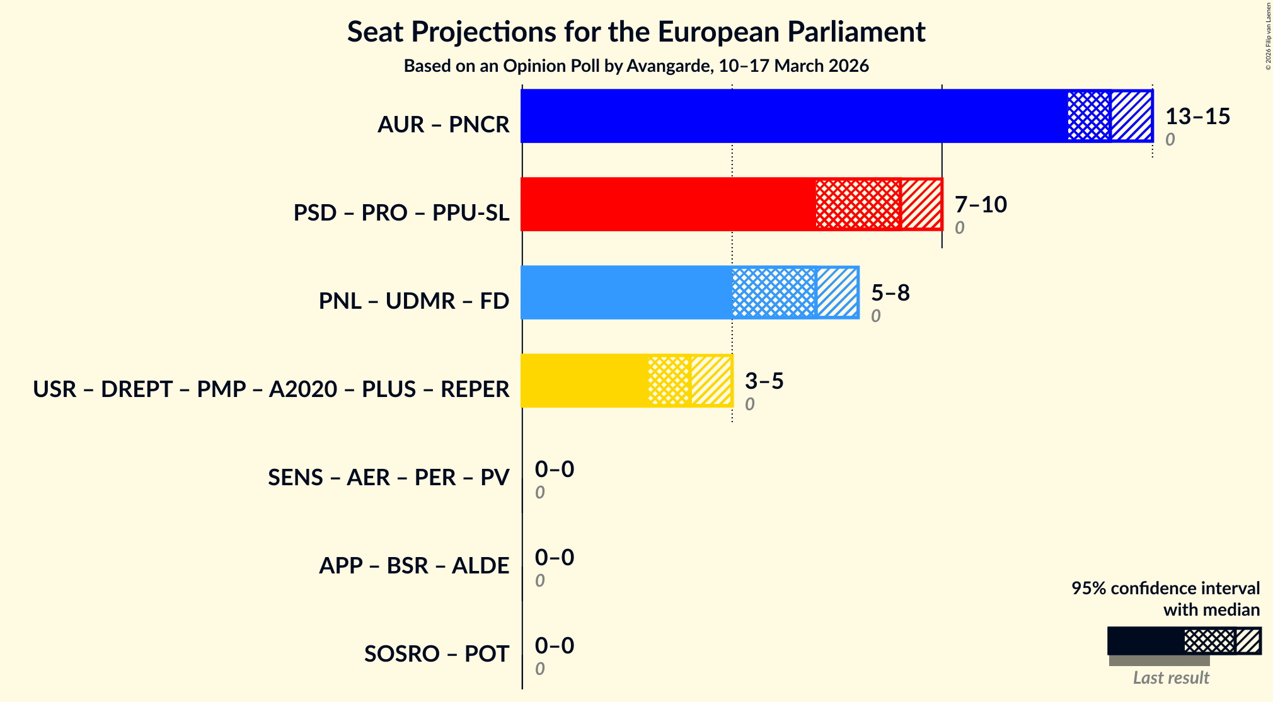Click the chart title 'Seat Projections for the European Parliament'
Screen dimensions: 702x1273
[636, 32]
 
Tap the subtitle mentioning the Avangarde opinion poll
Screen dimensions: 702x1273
[636, 66]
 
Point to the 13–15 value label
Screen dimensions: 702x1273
[1197, 117]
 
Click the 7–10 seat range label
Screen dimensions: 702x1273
[981, 205]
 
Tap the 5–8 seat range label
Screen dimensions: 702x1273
[890, 293]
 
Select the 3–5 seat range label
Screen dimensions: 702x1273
[764, 381]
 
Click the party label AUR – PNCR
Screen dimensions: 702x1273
[443, 125]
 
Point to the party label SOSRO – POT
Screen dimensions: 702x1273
[436, 654]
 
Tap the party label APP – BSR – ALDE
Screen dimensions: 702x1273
[413, 566]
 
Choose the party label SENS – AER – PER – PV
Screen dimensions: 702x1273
[388, 478]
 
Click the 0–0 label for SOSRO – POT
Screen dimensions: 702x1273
[555, 646]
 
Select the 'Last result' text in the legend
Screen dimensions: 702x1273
[1171, 678]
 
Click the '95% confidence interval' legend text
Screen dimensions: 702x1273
[1165, 588]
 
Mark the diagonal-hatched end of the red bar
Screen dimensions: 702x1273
[921, 204]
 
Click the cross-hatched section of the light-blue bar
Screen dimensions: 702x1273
[774, 292]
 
